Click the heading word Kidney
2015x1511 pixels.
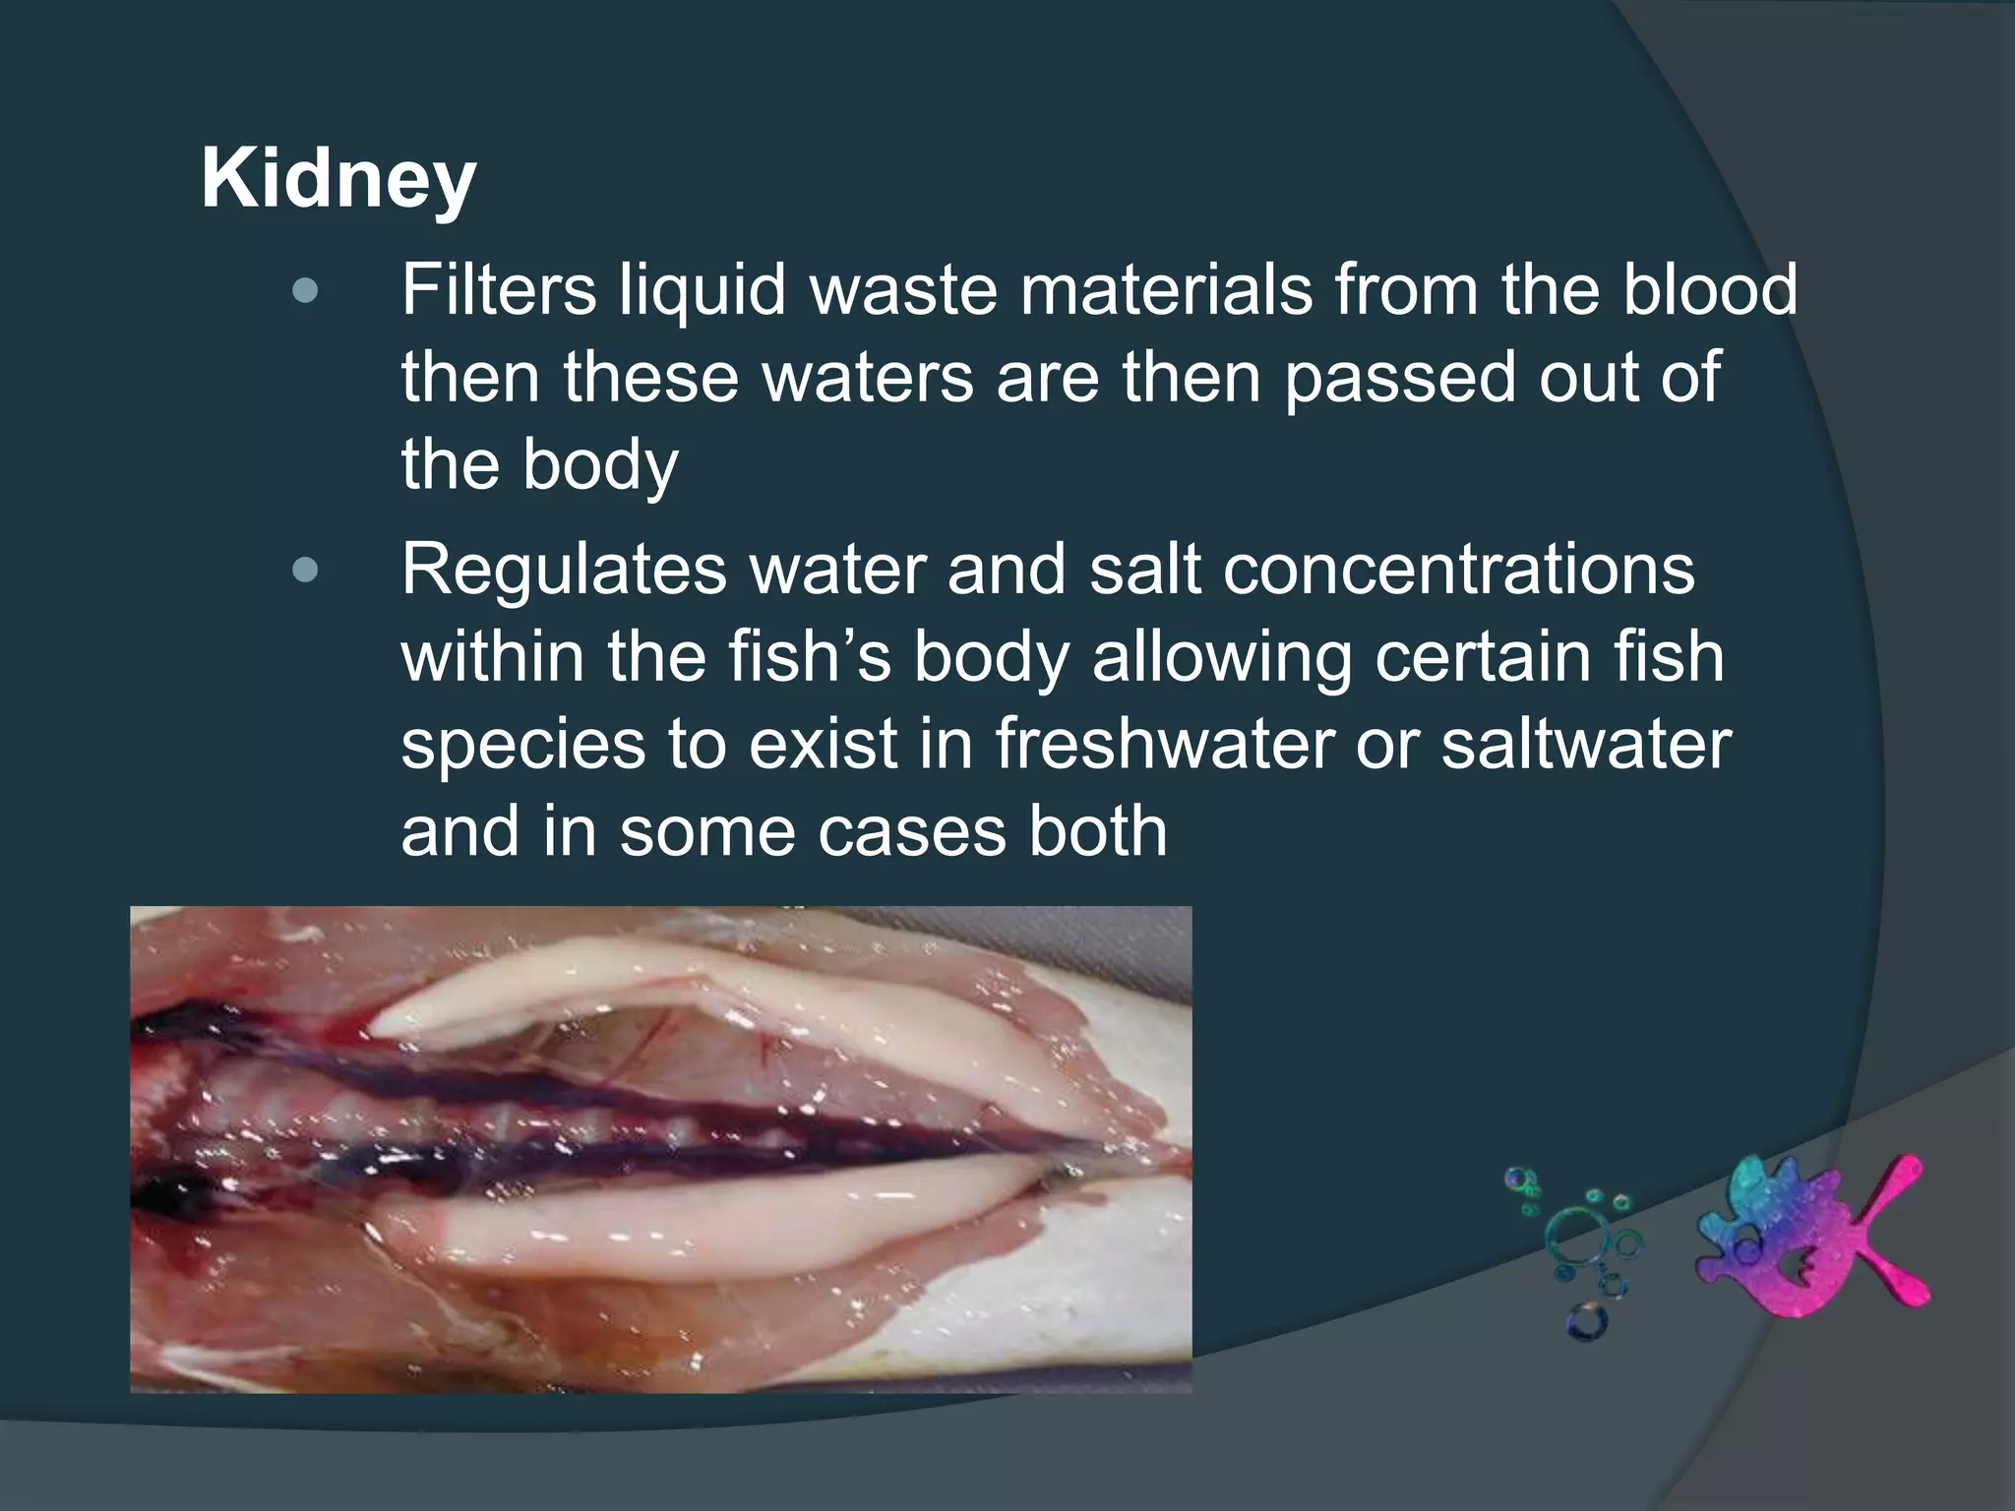(338, 181)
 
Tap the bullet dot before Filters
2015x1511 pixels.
(306, 291)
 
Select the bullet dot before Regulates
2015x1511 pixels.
(306, 571)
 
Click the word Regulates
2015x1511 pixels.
(563, 571)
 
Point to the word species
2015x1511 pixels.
(523, 746)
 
